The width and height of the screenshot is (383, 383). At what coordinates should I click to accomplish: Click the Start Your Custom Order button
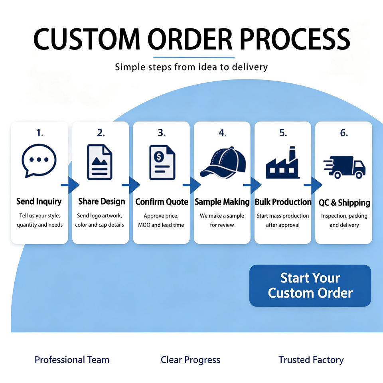click(310, 286)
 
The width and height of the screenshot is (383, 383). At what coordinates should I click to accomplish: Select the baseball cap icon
click(223, 162)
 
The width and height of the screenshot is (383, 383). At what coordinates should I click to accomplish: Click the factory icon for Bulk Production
click(282, 162)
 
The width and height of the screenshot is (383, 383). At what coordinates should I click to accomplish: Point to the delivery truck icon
click(344, 167)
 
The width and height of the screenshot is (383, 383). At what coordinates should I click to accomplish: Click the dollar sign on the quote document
click(159, 156)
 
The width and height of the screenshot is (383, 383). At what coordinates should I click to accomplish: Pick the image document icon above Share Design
click(100, 162)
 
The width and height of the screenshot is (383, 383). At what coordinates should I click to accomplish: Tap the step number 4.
click(223, 133)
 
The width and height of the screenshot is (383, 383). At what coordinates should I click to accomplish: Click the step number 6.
click(344, 133)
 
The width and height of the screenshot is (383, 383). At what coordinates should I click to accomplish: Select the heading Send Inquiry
click(39, 201)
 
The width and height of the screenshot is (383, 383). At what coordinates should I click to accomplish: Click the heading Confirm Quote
click(162, 202)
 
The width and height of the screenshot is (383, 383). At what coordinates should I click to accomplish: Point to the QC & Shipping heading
click(344, 203)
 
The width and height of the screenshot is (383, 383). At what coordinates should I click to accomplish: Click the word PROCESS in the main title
click(295, 39)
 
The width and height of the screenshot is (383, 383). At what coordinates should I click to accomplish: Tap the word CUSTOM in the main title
click(87, 39)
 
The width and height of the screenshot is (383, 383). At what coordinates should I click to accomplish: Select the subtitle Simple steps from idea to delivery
click(191, 67)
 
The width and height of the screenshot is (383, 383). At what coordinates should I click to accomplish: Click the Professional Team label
click(72, 360)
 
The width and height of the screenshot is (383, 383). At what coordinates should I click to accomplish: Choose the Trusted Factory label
click(311, 360)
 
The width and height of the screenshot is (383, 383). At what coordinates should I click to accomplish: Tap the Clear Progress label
click(191, 360)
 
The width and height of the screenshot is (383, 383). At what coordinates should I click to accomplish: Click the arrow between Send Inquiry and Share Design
click(70, 185)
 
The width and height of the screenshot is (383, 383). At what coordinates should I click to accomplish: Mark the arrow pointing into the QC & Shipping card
click(313, 185)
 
